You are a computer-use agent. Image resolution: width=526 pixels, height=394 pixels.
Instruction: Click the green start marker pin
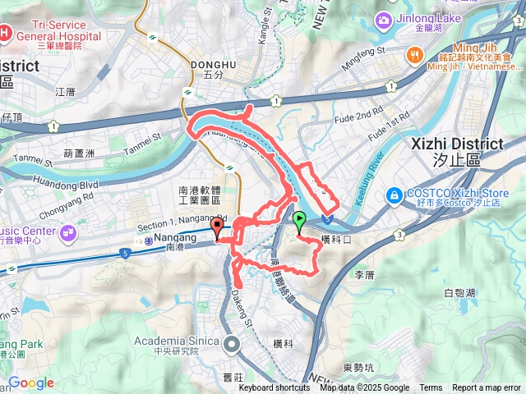[x=299, y=220]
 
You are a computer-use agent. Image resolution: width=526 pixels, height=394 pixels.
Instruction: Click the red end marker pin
[x=217, y=227]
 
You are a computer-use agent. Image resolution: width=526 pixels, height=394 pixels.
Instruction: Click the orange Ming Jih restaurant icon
[x=413, y=54]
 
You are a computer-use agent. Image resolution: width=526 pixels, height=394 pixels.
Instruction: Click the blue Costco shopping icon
[x=394, y=195]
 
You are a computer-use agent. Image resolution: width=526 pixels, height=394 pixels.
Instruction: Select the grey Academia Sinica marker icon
[x=233, y=343]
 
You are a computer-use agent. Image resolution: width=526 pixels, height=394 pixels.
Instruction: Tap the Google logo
[x=31, y=383]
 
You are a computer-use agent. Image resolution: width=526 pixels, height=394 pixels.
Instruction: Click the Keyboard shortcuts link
[x=275, y=388]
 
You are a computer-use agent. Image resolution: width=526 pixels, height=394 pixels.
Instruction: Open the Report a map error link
[x=487, y=388]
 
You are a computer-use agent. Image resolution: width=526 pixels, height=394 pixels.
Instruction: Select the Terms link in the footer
[x=431, y=388]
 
